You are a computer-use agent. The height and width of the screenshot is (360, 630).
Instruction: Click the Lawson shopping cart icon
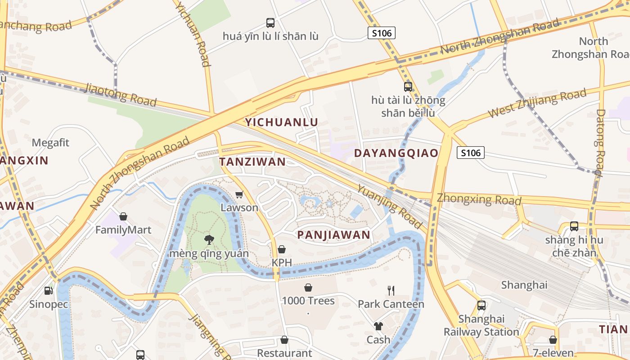click(239, 195)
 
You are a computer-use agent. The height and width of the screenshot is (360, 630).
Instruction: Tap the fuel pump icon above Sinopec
click(48, 291)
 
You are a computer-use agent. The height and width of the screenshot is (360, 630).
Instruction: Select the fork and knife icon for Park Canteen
click(391, 291)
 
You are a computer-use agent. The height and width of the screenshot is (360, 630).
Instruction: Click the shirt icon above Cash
click(378, 326)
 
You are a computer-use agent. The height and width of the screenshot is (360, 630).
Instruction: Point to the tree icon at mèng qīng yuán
click(209, 240)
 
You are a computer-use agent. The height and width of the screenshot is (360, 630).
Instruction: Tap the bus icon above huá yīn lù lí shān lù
click(270, 22)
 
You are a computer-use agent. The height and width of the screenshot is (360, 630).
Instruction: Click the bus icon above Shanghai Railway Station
click(481, 306)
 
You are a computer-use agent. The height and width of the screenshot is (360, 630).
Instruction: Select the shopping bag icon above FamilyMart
click(123, 216)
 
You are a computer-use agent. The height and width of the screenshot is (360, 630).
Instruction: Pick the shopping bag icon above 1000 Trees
click(308, 287)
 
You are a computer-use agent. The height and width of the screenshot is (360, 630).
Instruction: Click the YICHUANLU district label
click(281, 122)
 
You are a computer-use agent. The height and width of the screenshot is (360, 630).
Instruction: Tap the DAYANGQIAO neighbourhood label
click(396, 153)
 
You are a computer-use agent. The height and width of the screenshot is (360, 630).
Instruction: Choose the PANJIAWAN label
click(334, 234)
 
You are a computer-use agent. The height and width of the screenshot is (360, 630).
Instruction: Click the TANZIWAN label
click(252, 162)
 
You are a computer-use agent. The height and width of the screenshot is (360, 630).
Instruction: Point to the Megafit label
click(50, 143)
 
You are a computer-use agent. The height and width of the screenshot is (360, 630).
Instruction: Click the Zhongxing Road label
click(479, 199)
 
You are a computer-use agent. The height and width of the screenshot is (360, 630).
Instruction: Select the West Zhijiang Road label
click(537, 103)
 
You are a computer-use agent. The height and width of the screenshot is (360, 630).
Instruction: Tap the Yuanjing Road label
click(390, 207)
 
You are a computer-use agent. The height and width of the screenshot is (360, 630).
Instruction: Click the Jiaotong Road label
click(120, 94)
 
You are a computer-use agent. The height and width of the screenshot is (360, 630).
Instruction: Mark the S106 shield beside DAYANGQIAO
click(471, 153)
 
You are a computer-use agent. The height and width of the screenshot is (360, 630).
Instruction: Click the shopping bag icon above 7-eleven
click(553, 340)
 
